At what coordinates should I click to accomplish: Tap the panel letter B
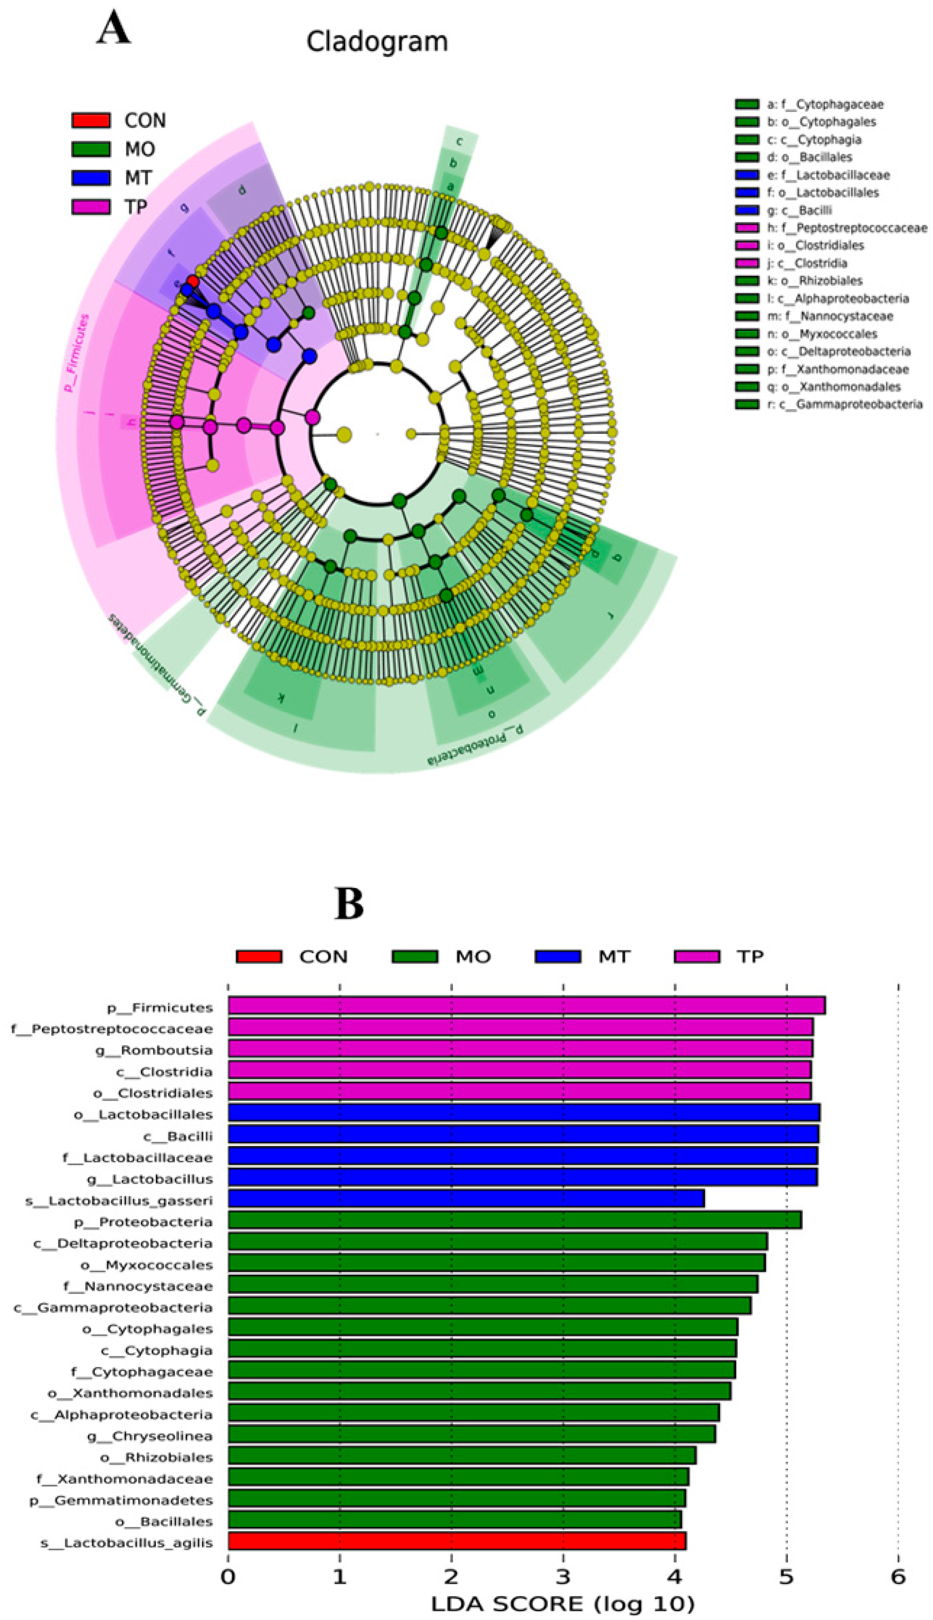[x=349, y=904]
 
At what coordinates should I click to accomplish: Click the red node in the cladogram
[x=192, y=281]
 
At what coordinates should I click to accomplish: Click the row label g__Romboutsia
[x=166, y=1050]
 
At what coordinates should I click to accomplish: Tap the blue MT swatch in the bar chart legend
[x=557, y=957]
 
